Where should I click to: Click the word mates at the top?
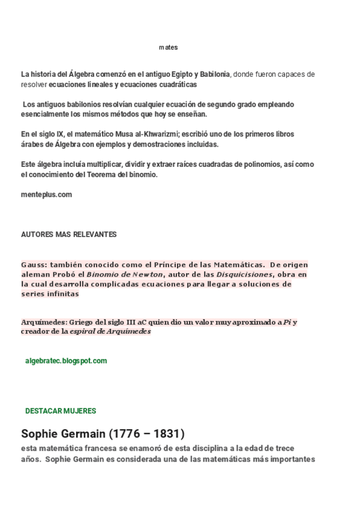[x=169, y=47]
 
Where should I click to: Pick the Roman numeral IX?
[x=55, y=134]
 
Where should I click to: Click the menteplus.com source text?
[x=46, y=194]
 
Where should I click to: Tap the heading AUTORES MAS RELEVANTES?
[x=68, y=234]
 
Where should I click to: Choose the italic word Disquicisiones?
[x=245, y=274]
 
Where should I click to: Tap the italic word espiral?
[x=85, y=331]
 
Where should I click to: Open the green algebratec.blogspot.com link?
[x=66, y=361]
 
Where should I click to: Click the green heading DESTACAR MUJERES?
[x=61, y=411]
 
